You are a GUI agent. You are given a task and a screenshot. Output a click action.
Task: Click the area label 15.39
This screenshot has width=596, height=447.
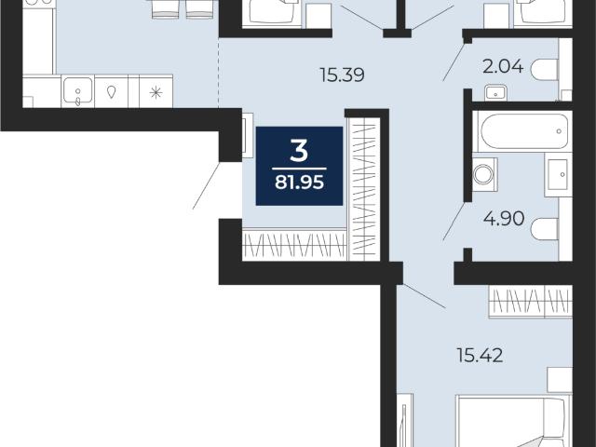[x=342, y=74]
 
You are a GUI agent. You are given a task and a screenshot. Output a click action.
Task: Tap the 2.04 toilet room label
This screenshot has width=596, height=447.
[x=503, y=67]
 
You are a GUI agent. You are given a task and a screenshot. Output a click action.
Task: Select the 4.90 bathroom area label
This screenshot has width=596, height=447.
[x=504, y=219]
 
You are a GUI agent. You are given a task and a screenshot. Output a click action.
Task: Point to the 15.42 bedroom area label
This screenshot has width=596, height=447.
[x=480, y=356]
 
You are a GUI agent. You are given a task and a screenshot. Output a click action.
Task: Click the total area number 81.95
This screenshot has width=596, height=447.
[x=299, y=183]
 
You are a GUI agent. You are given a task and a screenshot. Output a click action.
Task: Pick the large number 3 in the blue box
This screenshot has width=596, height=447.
[x=299, y=151]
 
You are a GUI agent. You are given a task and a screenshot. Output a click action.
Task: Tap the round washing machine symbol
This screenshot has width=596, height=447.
[x=484, y=174]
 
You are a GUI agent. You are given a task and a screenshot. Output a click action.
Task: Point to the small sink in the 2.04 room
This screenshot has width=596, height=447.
[x=495, y=93]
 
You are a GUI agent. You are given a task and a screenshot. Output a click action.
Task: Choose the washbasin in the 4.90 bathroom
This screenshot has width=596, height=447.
[x=558, y=174]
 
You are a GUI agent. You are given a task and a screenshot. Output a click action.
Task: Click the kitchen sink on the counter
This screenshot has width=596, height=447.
[x=77, y=91]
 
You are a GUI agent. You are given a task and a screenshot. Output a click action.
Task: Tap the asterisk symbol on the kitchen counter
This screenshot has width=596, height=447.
[x=156, y=92]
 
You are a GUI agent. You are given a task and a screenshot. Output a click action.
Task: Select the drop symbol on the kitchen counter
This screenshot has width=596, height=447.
[x=111, y=92]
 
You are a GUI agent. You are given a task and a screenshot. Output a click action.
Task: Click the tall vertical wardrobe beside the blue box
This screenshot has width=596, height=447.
[x=364, y=189]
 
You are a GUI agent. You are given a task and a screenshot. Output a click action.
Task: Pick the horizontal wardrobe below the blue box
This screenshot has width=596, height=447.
[x=295, y=245]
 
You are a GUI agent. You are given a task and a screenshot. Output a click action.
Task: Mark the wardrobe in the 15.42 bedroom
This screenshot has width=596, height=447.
[x=531, y=302]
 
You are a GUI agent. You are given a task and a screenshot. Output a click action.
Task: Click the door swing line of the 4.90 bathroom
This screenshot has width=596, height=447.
[x=454, y=222]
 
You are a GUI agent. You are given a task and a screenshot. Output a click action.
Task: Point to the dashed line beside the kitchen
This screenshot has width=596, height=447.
[x=218, y=73]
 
